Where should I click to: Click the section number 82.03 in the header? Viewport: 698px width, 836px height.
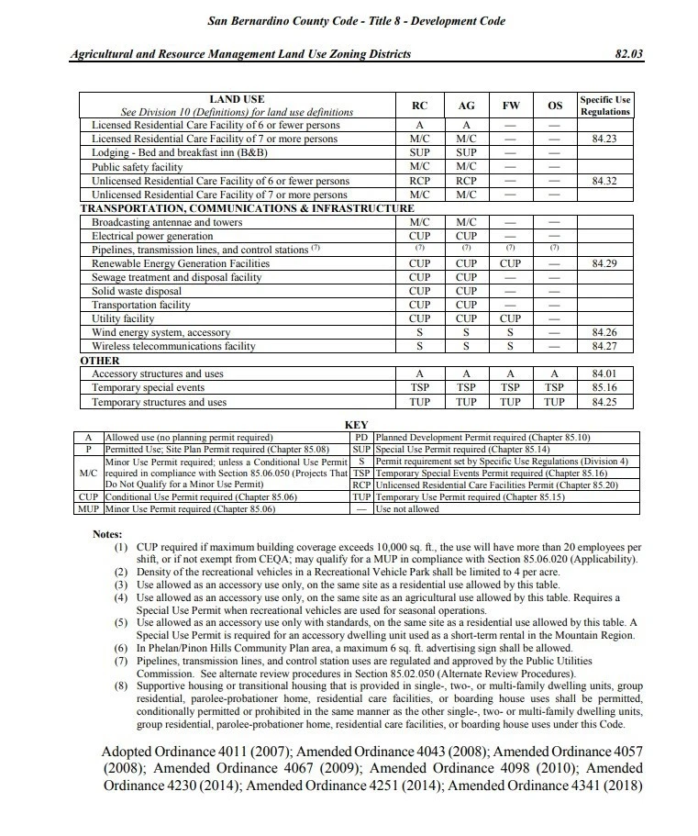click(x=630, y=54)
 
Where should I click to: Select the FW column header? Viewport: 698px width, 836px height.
click(x=510, y=106)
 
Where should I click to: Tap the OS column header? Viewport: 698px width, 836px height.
click(x=554, y=106)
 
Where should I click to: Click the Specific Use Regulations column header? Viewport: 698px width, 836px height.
click(x=604, y=106)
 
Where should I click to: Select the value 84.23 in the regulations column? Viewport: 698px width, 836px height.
click(x=604, y=139)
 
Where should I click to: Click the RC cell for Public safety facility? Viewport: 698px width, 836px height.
click(x=420, y=167)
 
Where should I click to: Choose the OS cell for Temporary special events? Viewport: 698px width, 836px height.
click(x=554, y=388)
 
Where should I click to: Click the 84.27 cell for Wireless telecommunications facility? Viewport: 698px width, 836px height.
click(x=604, y=347)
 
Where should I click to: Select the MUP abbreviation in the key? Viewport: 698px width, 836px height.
click(x=89, y=508)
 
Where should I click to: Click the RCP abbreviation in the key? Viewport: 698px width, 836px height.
click(x=361, y=485)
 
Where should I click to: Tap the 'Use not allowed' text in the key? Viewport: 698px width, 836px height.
click(x=407, y=508)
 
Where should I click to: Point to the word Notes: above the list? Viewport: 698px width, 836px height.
click(x=109, y=534)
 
